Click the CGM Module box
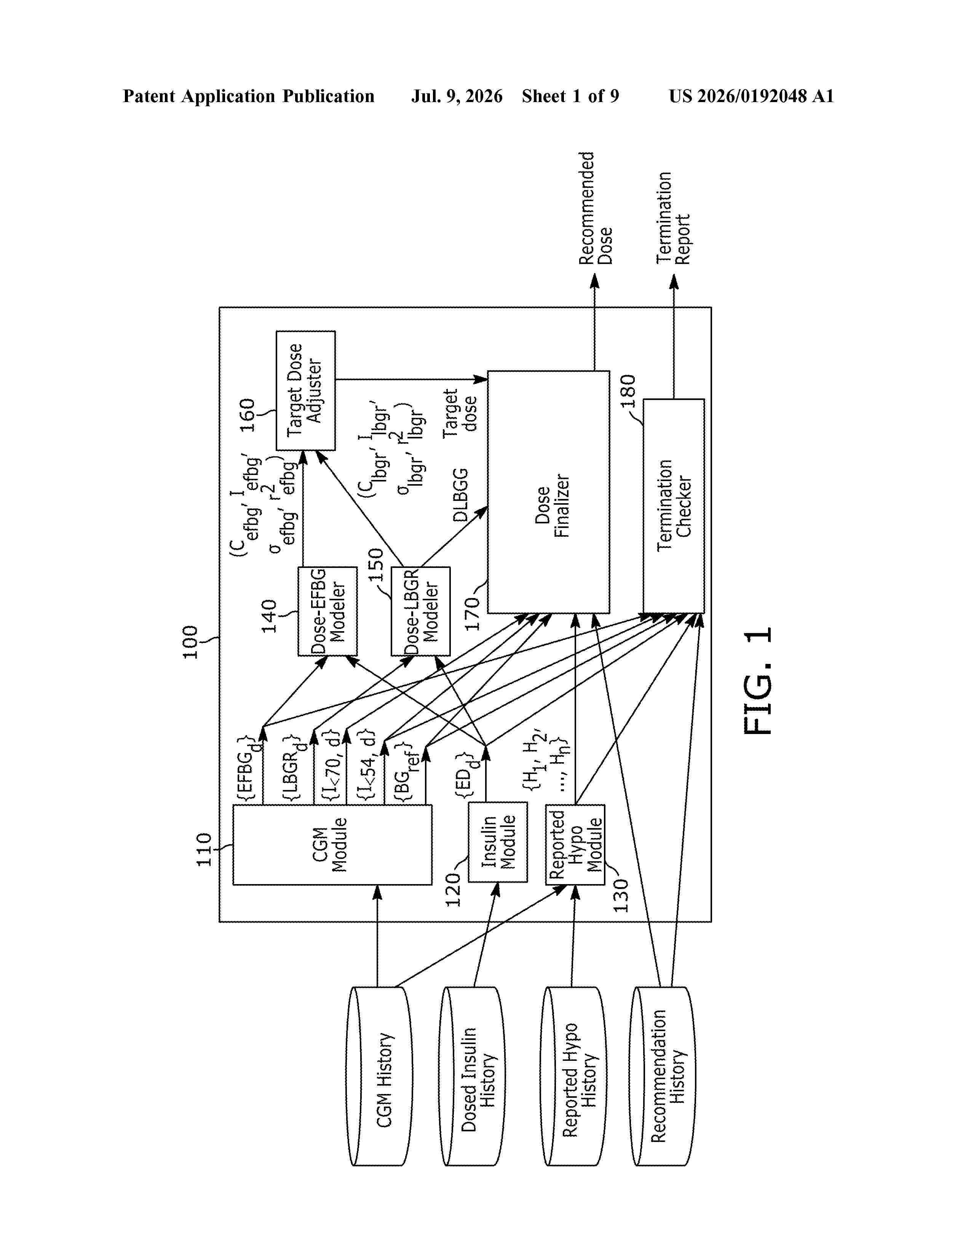332,844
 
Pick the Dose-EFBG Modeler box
327,611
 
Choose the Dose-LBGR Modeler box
420,611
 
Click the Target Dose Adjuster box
305,390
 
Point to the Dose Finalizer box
548,492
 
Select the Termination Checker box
674,506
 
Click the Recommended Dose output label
596,208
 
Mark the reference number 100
190,642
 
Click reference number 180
628,391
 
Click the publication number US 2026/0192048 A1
751,96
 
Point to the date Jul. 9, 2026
457,96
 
